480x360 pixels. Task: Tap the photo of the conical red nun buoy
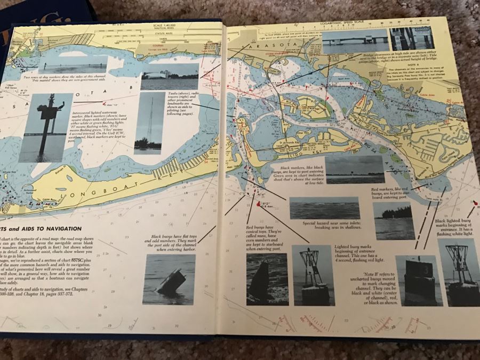point(267,278)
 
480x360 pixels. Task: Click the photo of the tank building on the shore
point(169,77)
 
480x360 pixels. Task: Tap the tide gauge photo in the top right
point(412,39)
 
